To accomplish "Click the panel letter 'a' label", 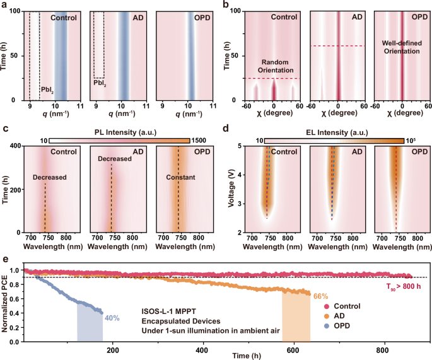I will pyautogui.click(x=4, y=5).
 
